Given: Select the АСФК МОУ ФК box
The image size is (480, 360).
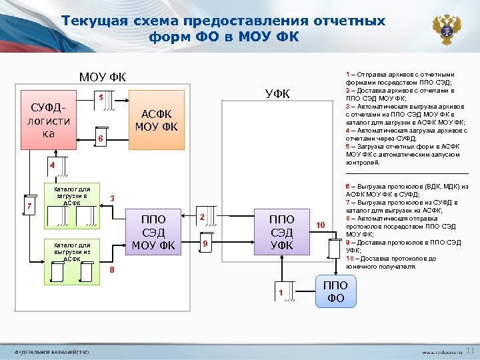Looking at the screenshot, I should coord(156,120).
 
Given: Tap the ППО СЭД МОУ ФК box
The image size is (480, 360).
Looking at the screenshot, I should coord(153,232).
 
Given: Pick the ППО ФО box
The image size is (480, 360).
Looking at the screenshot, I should coord(336,291).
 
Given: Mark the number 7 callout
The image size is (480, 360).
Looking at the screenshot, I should coord(29,206).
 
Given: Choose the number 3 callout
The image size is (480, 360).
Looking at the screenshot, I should coord(113,199).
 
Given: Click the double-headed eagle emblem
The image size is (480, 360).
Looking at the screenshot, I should coord(447,29).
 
